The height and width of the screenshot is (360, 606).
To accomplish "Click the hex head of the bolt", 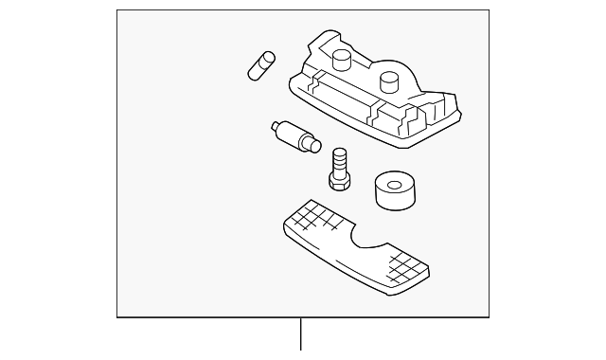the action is [x=340, y=174].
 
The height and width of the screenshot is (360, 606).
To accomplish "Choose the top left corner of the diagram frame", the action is [x=117, y=10].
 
